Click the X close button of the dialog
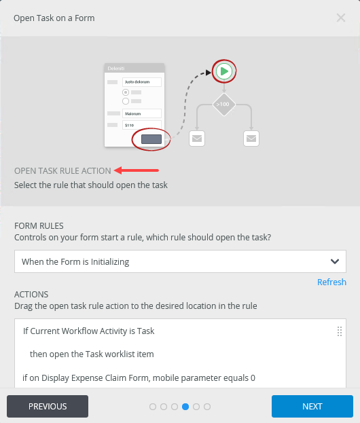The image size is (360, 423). pos(341,18)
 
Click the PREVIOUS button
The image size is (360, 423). pos(48,406)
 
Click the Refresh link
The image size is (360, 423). pos(331,282)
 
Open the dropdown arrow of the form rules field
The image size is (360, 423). pos(334,261)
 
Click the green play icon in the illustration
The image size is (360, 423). pos(224,71)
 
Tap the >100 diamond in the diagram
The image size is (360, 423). pos(224,105)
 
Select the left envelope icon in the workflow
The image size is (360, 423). pos(197,139)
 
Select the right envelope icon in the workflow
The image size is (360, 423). pos(251,139)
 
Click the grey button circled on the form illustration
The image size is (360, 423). pos(151,139)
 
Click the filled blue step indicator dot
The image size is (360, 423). pos(185,407)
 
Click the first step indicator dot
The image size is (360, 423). pos(153,407)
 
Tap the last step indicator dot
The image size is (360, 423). pos(207,407)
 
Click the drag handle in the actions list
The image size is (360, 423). pos(340,331)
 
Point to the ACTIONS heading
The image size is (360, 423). pos(31,294)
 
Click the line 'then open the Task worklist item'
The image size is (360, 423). pos(92,354)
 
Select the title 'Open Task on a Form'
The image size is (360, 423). pos(54,18)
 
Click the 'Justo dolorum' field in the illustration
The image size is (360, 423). pos(141,82)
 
